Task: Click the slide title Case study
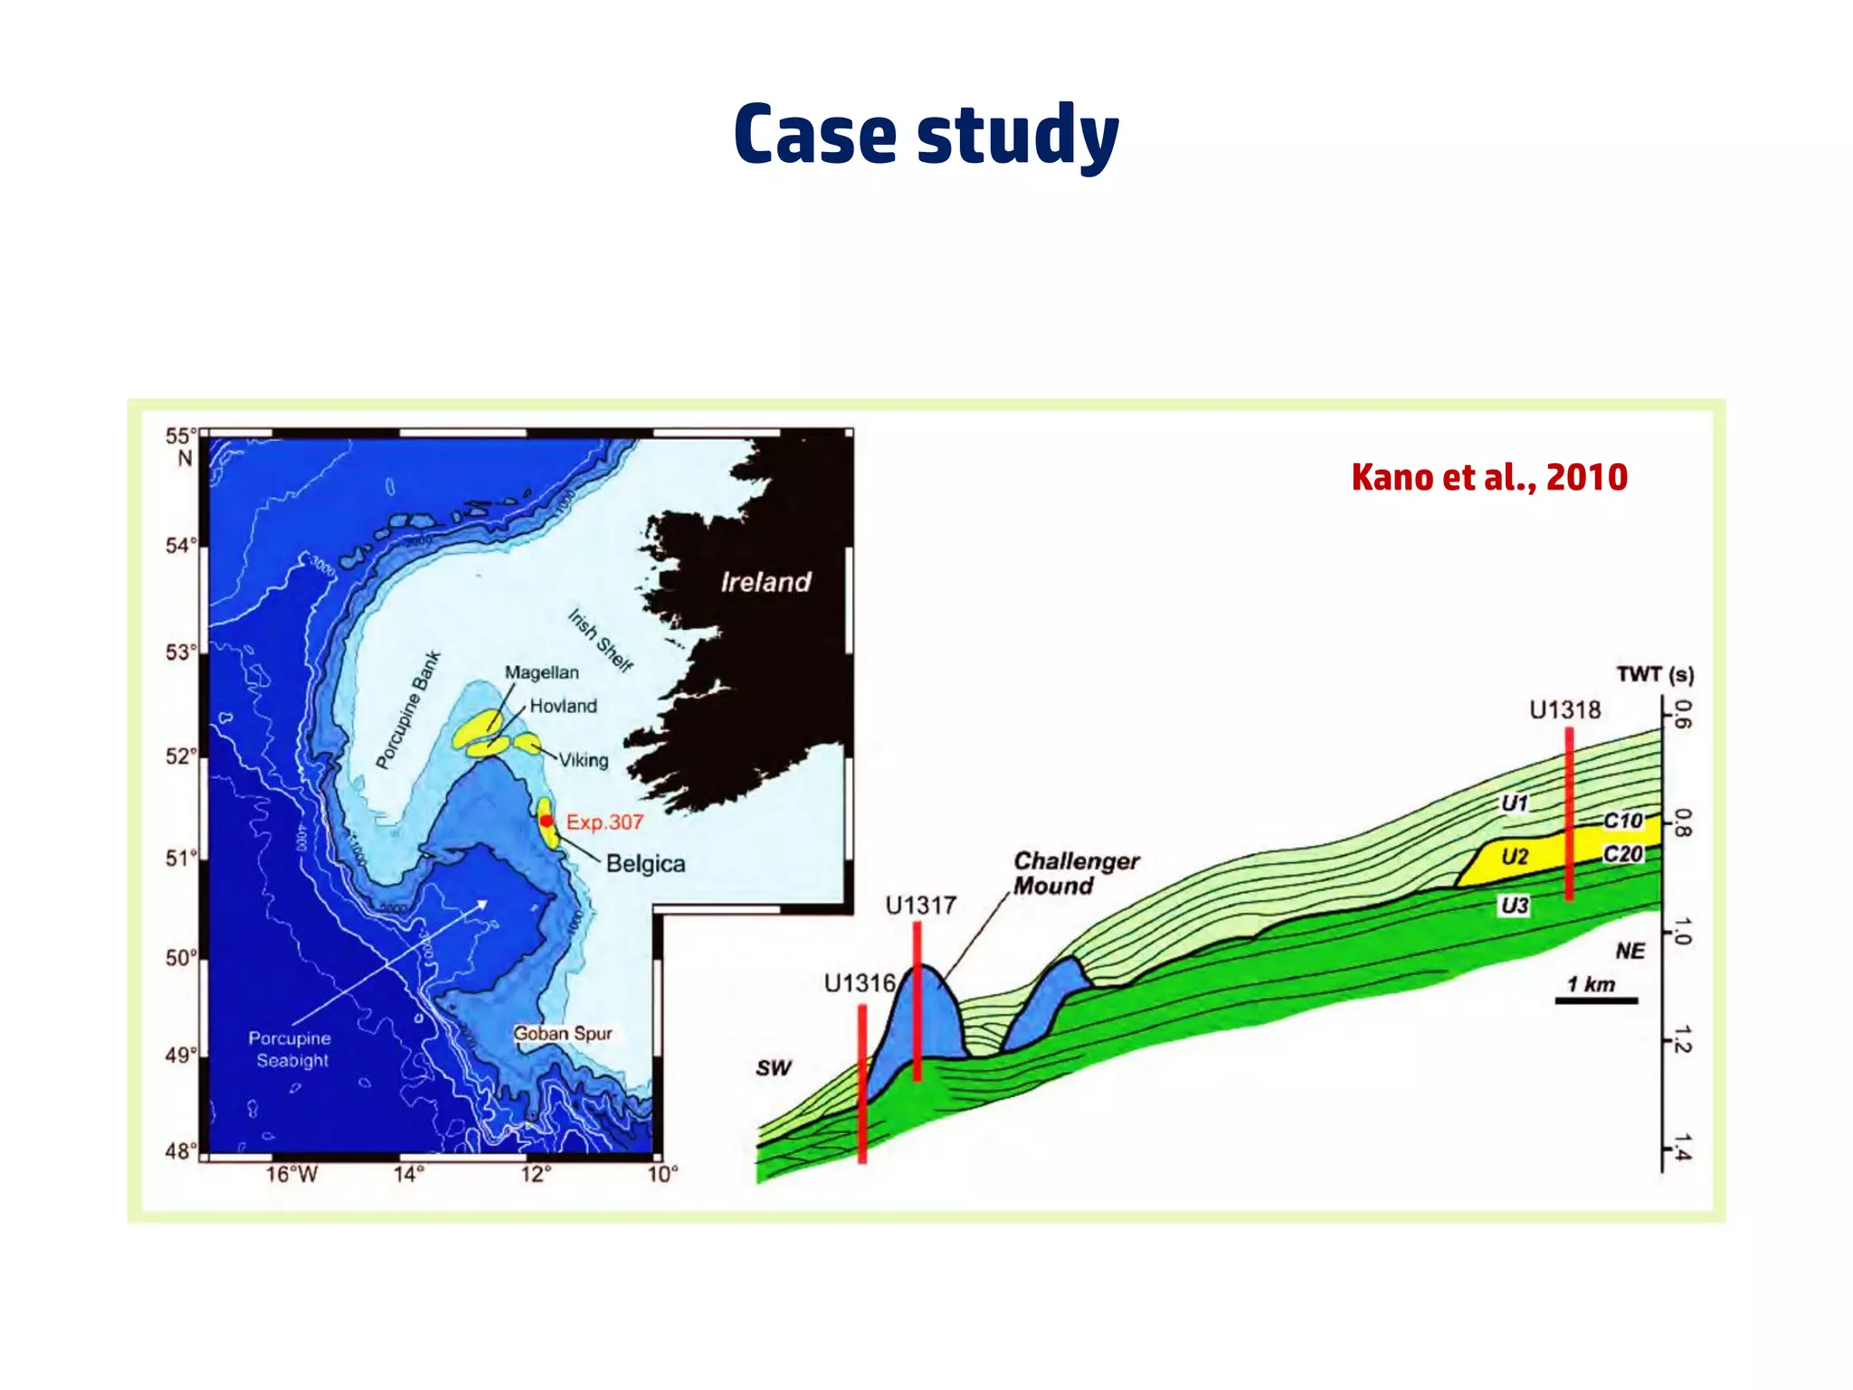926,135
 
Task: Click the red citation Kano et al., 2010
1489,477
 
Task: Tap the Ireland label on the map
765,582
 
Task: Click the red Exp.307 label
604,822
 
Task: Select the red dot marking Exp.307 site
546,821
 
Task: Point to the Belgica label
645,863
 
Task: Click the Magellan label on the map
541,672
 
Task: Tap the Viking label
583,760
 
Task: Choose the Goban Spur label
563,1033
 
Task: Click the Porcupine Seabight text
290,1049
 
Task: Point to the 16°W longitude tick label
291,1175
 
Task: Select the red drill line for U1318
1569,814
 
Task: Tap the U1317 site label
920,905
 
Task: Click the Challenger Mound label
1075,872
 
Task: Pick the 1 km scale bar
1596,1000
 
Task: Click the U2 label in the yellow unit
1514,856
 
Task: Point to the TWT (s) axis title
1655,674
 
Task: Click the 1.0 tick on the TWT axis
1680,930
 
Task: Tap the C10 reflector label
1622,820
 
